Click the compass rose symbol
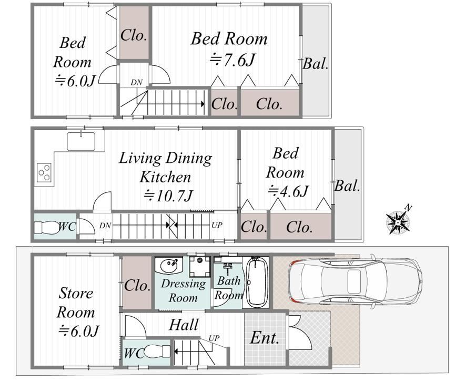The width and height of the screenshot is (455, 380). coord(398,220)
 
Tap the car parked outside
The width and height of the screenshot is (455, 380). coord(356,280)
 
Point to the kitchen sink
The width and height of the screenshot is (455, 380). coord(81,141)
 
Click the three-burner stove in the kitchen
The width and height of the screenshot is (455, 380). coord(44,173)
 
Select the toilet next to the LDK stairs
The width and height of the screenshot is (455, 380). coord(46,227)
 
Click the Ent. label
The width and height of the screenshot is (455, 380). coord(265,338)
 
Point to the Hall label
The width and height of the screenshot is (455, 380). coord(184,325)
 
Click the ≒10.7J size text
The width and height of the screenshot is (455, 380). coord(168,196)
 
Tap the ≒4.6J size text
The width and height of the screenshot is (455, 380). coord(288,191)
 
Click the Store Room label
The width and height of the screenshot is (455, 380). coord(76,303)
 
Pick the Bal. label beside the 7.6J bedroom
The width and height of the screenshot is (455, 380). coord(316,63)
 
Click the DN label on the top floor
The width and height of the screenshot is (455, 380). coord(136,83)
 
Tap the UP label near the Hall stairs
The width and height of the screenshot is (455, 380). coord(214,338)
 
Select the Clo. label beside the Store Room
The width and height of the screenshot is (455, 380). coord(137,286)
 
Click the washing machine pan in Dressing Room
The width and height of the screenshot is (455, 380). coord(200,267)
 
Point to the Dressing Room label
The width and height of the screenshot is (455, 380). coord(183,290)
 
